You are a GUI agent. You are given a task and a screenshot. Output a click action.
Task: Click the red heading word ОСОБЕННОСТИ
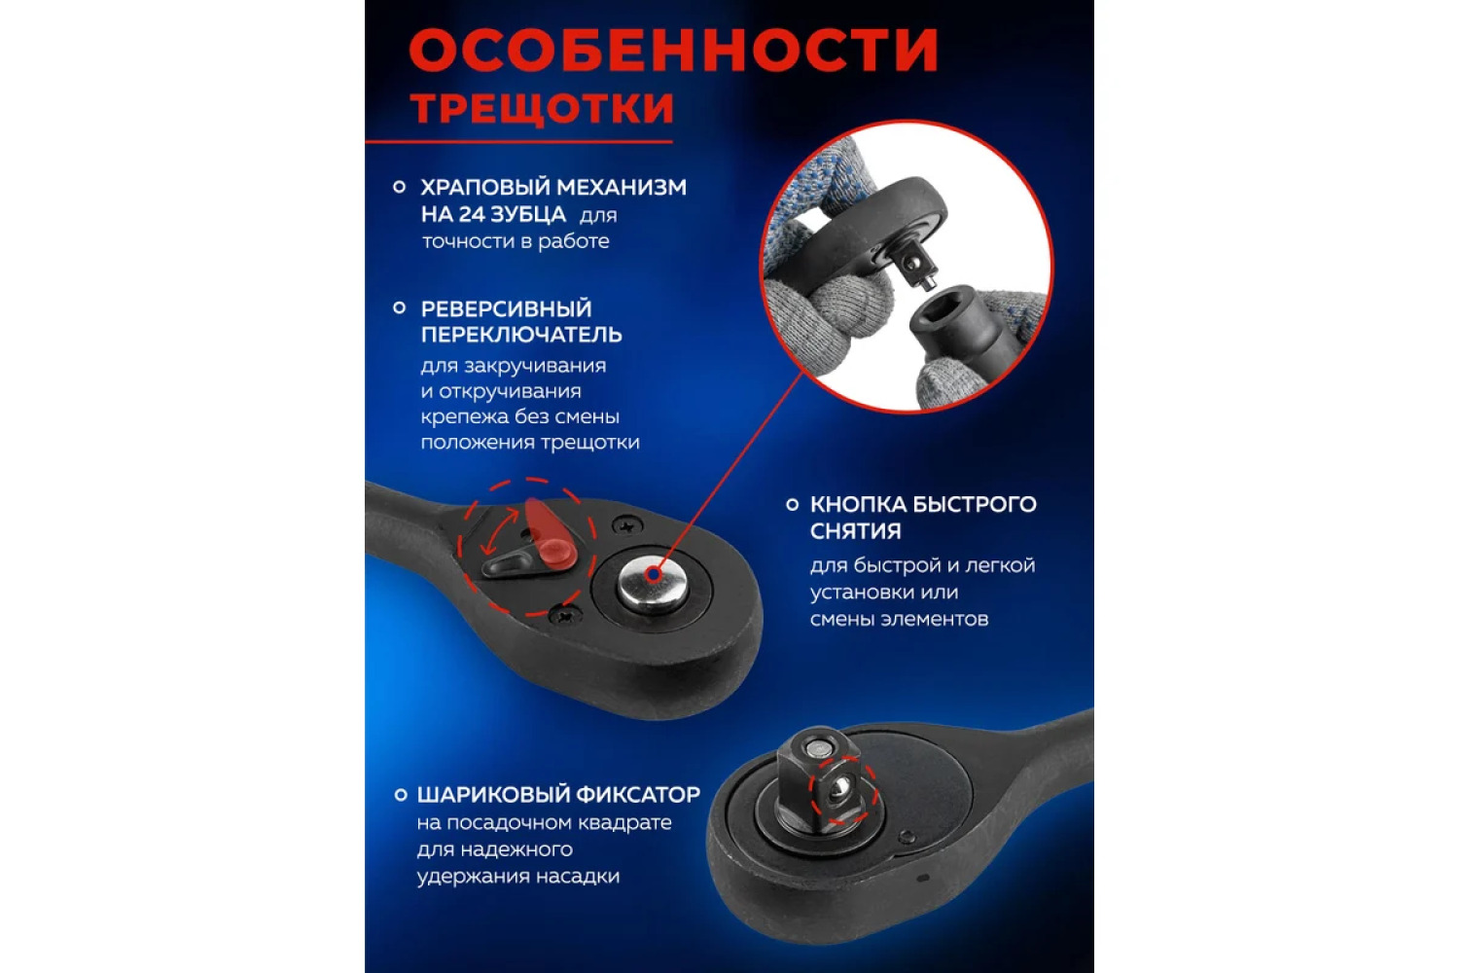coord(673,50)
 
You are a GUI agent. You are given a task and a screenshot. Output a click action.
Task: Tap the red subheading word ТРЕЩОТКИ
coord(542,108)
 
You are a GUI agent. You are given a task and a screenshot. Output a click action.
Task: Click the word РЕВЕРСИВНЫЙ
coord(506,308)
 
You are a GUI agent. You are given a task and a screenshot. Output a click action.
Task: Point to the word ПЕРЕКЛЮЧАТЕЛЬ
coord(521,335)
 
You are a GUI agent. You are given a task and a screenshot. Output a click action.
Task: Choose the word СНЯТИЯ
coord(855,531)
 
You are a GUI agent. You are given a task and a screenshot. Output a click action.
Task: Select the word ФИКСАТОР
coord(638,794)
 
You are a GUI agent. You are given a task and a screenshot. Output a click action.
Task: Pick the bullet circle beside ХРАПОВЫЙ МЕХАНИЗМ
coord(399,188)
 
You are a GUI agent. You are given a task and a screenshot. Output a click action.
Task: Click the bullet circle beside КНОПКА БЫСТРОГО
coord(792,504)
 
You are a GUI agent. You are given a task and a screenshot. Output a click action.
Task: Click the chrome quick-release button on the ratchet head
coord(653,581)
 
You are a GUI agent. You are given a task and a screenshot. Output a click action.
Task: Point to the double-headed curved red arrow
coord(498,531)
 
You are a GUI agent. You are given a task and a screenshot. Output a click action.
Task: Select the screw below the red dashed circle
coord(563,615)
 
